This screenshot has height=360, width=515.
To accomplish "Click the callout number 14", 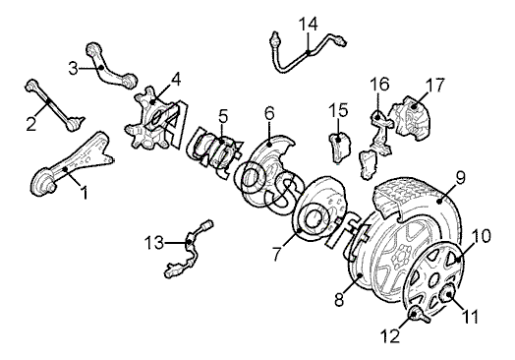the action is tap(308, 24).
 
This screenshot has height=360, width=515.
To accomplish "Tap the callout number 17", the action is tap(434, 85).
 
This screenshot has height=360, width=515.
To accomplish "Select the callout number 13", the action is tap(153, 243).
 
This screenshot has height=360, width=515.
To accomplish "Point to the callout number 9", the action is tap(461, 177).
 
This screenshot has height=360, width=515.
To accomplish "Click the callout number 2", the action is tap(31, 124).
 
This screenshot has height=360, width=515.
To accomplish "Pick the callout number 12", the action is tap(390, 335).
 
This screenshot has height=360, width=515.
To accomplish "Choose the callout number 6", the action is tap(269, 113).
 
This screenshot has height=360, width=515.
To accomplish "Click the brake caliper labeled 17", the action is tap(410, 118).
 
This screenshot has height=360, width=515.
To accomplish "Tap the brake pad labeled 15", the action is tap(340, 147).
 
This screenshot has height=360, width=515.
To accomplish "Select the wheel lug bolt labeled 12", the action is tap(418, 315).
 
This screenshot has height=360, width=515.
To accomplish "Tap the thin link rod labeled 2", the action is tap(54, 105).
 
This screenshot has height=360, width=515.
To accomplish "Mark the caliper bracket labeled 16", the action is tap(381, 133).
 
